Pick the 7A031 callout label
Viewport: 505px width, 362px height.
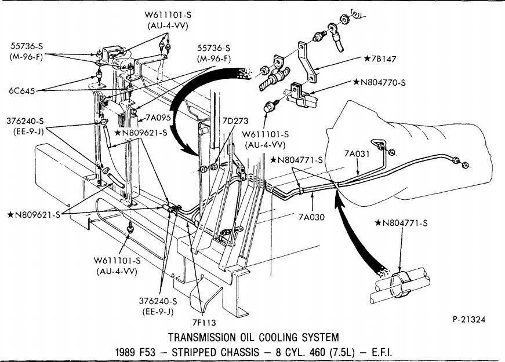[x=357, y=154]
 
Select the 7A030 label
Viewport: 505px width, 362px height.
[x=313, y=218]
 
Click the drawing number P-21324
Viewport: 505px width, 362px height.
[x=470, y=319]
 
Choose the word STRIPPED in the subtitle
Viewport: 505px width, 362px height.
[x=186, y=352]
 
